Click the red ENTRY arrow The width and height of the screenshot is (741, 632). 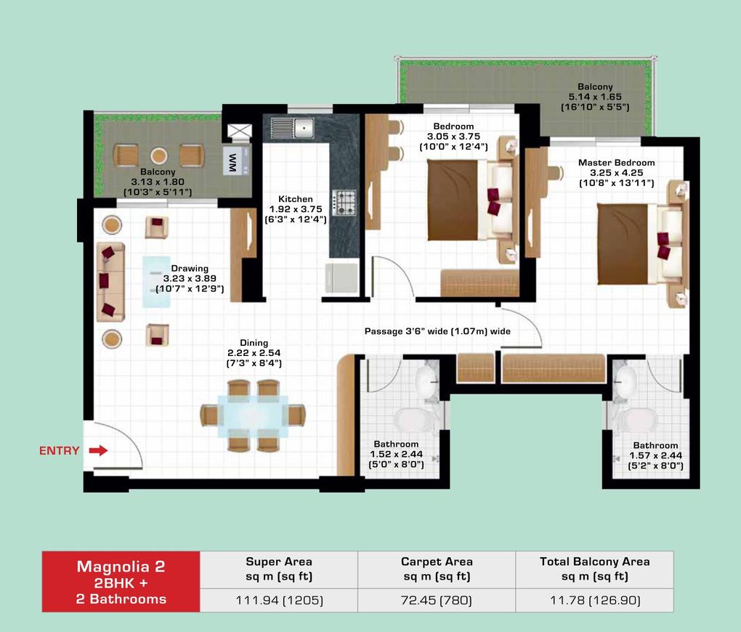pyautogui.click(x=98, y=450)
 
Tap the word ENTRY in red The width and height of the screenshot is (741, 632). pyautogui.click(x=59, y=450)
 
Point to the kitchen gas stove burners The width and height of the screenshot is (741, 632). pyautogui.click(x=344, y=203)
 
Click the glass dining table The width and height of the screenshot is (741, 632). pyautogui.click(x=253, y=416)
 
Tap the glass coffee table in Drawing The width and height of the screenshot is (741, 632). pyautogui.click(x=156, y=282)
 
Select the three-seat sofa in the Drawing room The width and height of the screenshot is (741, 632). pyautogui.click(x=110, y=282)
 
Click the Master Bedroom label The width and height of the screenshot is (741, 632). pyautogui.click(x=616, y=163)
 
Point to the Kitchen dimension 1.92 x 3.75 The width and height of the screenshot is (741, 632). pyautogui.click(x=296, y=209)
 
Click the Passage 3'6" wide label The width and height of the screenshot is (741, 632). pyautogui.click(x=437, y=331)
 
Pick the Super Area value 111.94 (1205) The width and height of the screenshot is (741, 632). pyautogui.click(x=279, y=600)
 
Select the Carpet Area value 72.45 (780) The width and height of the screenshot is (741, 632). pyautogui.click(x=436, y=600)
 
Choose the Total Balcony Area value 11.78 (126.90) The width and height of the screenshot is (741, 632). pyautogui.click(x=595, y=600)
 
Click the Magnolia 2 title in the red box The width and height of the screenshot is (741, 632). pyautogui.click(x=121, y=567)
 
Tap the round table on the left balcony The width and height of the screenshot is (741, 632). pyautogui.click(x=159, y=155)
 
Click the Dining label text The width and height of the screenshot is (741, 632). pyautogui.click(x=254, y=343)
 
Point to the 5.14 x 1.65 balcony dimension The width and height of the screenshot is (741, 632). pyautogui.click(x=595, y=97)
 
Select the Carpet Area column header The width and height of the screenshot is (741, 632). pyautogui.click(x=437, y=569)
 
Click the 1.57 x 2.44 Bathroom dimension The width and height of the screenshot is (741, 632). pyautogui.click(x=655, y=455)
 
